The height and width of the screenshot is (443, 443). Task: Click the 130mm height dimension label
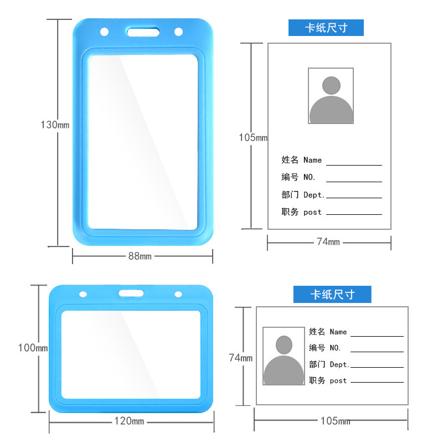(x=55, y=125)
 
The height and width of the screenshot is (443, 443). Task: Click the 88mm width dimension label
(x=140, y=256)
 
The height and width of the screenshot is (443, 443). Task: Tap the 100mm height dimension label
(x=33, y=348)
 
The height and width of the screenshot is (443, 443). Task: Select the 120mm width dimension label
(x=129, y=421)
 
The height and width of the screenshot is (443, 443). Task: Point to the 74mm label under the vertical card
(x=328, y=242)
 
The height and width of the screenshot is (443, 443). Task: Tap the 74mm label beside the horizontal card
(x=241, y=358)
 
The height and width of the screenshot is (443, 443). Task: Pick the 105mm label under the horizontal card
(x=335, y=421)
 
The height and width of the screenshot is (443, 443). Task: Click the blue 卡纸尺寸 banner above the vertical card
(x=326, y=28)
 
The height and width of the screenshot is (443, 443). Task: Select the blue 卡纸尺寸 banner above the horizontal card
(x=332, y=294)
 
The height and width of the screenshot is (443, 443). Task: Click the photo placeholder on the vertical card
(x=331, y=96)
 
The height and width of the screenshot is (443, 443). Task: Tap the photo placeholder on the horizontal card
(x=284, y=356)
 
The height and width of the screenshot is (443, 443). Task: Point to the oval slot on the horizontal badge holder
(x=131, y=293)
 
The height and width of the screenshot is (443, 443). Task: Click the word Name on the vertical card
(x=312, y=161)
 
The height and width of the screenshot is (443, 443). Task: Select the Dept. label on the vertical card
(x=315, y=195)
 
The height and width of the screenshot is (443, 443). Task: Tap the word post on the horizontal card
(x=338, y=381)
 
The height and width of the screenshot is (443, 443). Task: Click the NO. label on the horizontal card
(x=336, y=348)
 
